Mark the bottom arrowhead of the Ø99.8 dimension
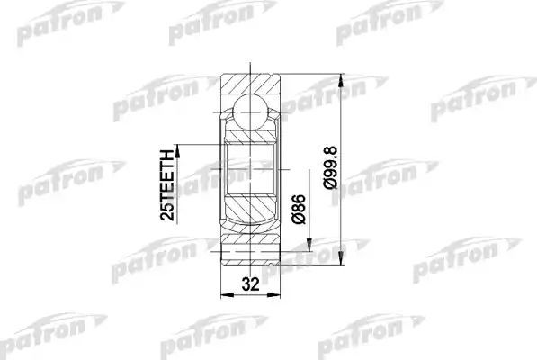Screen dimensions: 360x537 click(x=342, y=263)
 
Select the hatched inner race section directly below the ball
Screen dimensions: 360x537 click(x=250, y=136)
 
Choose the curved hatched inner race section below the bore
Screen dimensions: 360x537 click(x=250, y=216)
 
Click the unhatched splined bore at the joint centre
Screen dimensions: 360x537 click(x=250, y=171)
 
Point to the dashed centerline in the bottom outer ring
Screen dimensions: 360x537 click(x=250, y=254)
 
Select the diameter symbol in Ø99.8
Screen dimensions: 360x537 click(x=328, y=188)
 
